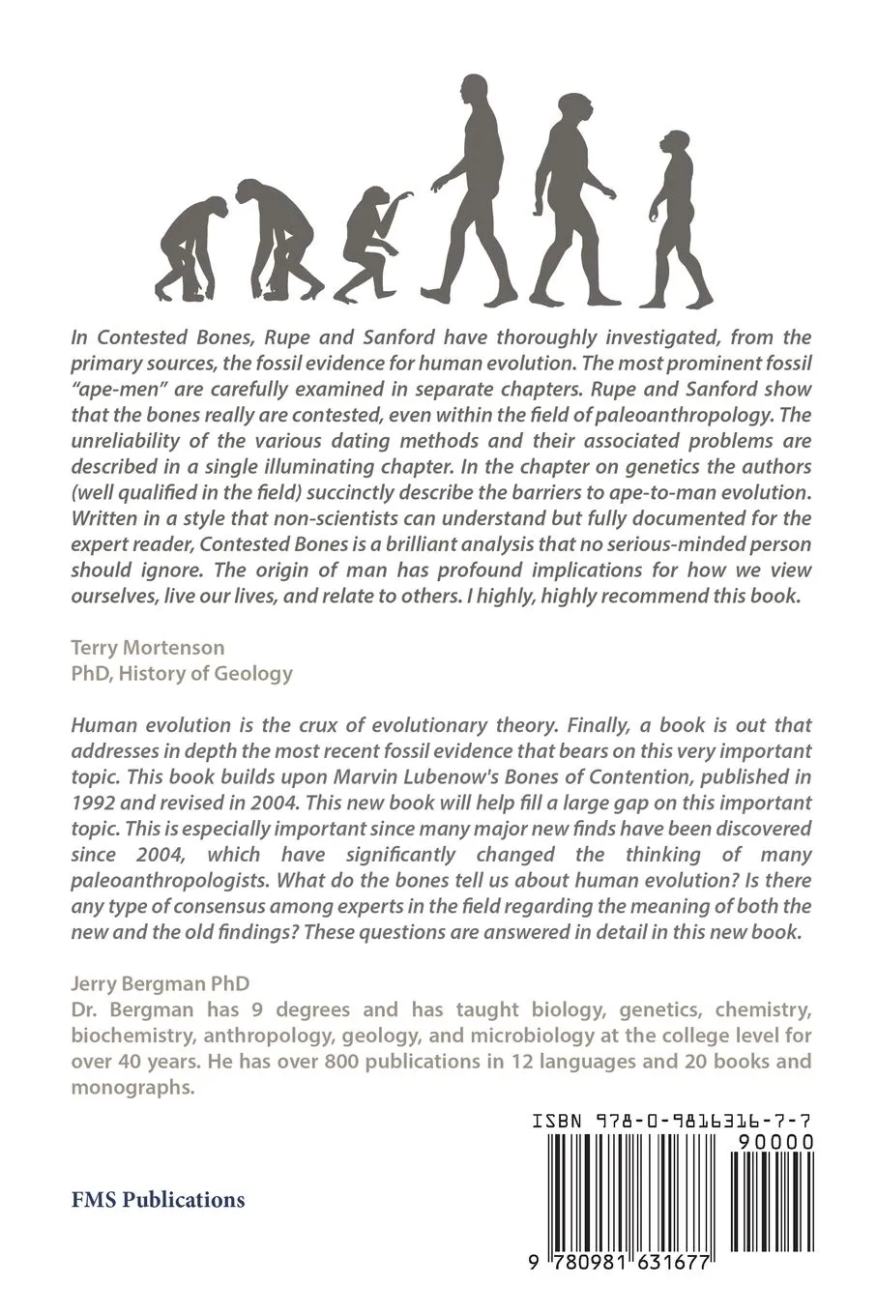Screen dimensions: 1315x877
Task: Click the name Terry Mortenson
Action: click(x=148, y=647)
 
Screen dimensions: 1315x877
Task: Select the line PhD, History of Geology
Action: click(x=182, y=672)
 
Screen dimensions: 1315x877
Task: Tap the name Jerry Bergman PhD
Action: click(x=161, y=983)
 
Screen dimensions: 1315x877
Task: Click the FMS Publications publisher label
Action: click(x=159, y=1200)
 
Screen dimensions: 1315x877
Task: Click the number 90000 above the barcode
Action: click(x=774, y=1142)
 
